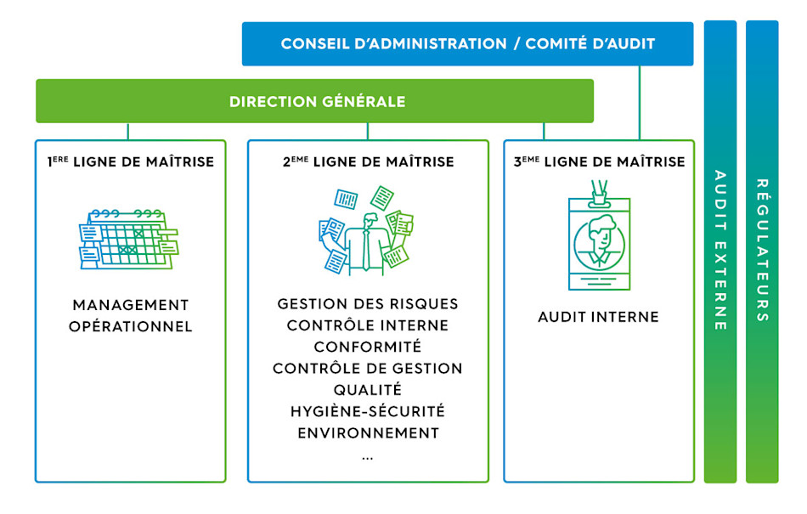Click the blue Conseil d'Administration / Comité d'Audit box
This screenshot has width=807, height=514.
point(467,43)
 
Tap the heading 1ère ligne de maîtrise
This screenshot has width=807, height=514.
point(131,161)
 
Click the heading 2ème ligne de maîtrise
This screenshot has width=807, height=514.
point(368,161)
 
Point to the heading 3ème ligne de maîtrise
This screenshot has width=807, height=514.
point(599,161)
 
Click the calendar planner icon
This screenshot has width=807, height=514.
point(127,239)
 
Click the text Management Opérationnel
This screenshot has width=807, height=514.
point(131,315)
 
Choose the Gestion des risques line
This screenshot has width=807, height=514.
point(368,304)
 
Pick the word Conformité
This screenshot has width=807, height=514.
point(368,347)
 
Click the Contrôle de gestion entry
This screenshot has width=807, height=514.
point(368,369)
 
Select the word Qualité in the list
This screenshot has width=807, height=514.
point(368,390)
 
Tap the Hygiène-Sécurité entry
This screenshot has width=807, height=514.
point(368,411)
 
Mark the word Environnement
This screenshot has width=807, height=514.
point(368,432)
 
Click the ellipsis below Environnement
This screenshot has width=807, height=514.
point(367,457)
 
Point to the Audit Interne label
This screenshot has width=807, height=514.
point(598,317)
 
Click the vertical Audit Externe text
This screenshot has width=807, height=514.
point(720,251)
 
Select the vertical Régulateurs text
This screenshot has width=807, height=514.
point(762,251)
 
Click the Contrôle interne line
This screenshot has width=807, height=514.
point(368,325)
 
